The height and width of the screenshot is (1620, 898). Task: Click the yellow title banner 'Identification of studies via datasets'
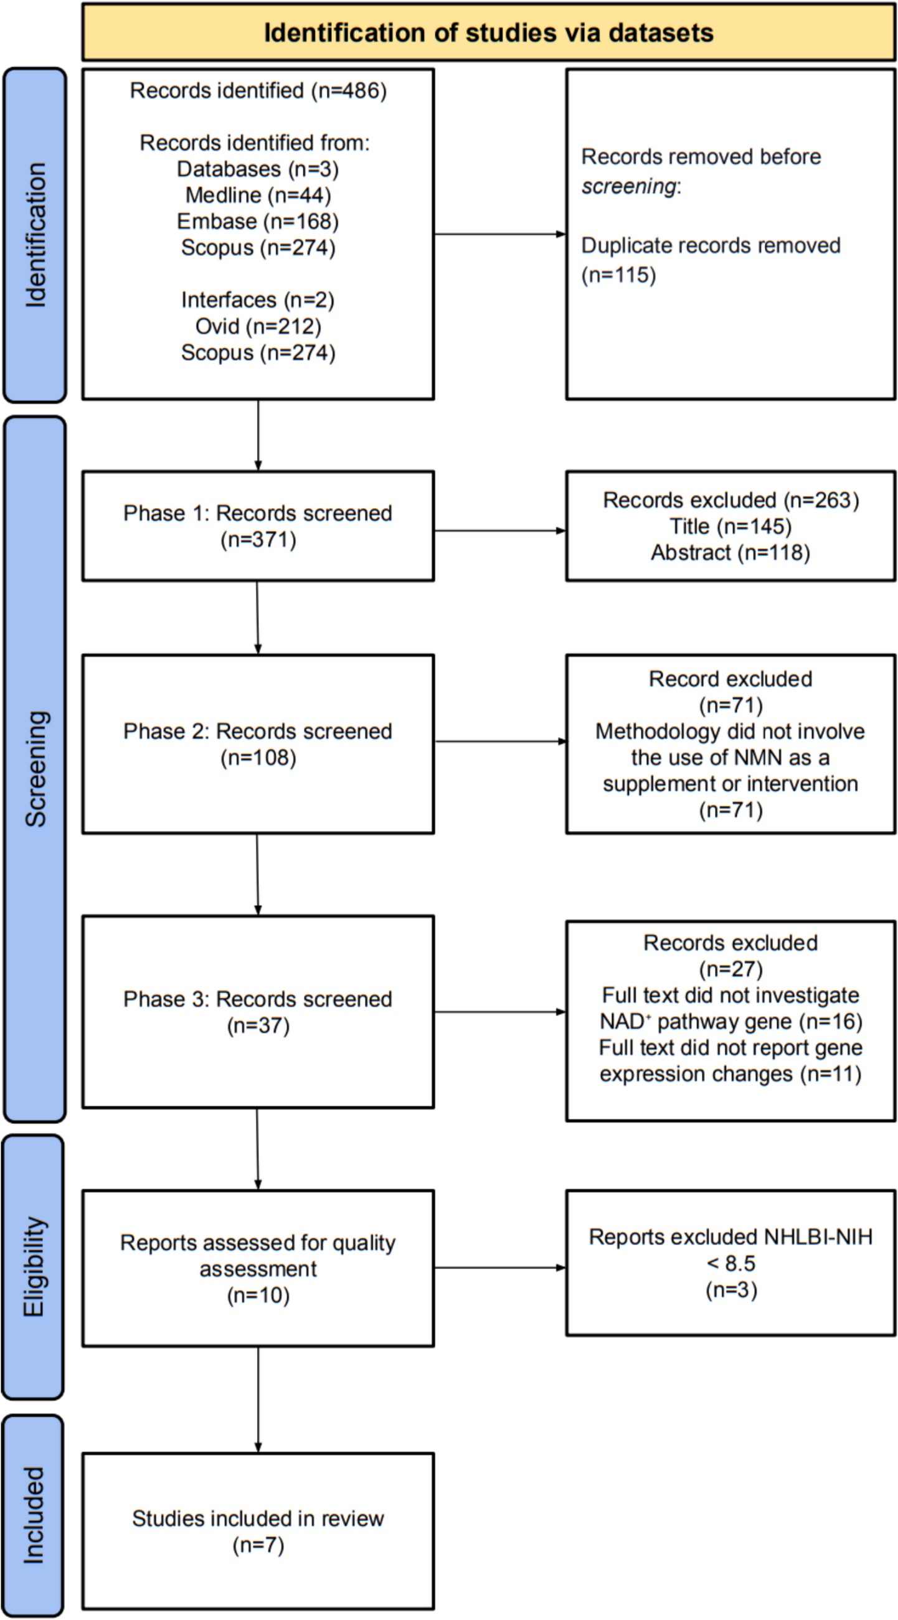point(488,33)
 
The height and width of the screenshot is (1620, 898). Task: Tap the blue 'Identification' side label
point(35,235)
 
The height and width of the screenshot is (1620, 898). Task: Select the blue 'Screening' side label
point(35,768)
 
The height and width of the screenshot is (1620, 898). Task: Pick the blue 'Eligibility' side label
point(34,1266)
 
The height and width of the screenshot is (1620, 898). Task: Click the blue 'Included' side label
point(34,1515)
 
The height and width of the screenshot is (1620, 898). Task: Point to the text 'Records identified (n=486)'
point(258,90)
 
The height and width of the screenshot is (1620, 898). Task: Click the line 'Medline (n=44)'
point(258,195)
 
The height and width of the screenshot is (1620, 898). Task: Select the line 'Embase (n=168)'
point(258,222)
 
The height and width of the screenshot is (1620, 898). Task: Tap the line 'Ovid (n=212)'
point(258,326)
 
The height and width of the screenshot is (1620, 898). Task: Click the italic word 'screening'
point(628,187)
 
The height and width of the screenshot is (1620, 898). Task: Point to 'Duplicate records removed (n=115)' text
point(711,260)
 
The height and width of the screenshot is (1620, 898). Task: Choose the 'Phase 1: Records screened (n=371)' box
point(258,525)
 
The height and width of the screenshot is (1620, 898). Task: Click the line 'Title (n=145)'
point(730,525)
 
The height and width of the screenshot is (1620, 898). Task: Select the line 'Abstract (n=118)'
point(730,552)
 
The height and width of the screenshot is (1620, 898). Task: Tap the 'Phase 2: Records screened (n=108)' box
point(258,744)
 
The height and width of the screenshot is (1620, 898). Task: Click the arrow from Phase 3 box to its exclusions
point(500,1012)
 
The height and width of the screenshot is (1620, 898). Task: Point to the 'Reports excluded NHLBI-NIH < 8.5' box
point(730,1263)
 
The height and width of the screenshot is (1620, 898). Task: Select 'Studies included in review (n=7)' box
point(258,1531)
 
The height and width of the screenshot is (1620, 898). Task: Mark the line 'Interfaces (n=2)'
point(258,300)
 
